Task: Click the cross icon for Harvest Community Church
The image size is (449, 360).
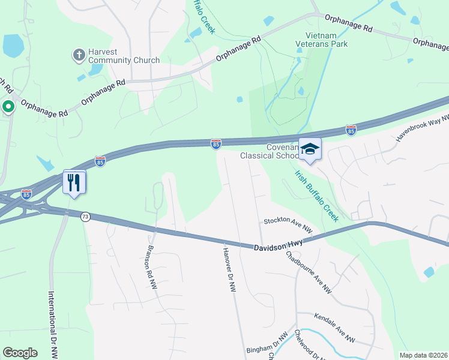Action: [x=78, y=56]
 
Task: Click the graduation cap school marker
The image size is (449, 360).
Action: [x=310, y=149]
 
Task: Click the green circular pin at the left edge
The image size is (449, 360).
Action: [x=8, y=107]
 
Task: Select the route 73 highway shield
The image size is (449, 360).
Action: [x=85, y=217]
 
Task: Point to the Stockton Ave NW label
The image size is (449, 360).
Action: [x=288, y=226]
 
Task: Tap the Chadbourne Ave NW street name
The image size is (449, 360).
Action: [x=309, y=271]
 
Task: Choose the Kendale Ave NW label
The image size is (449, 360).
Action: [x=334, y=328]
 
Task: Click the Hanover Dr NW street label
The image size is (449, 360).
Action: [x=228, y=270]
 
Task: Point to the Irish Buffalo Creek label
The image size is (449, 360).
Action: [x=316, y=195]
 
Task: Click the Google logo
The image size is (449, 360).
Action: [x=20, y=352]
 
